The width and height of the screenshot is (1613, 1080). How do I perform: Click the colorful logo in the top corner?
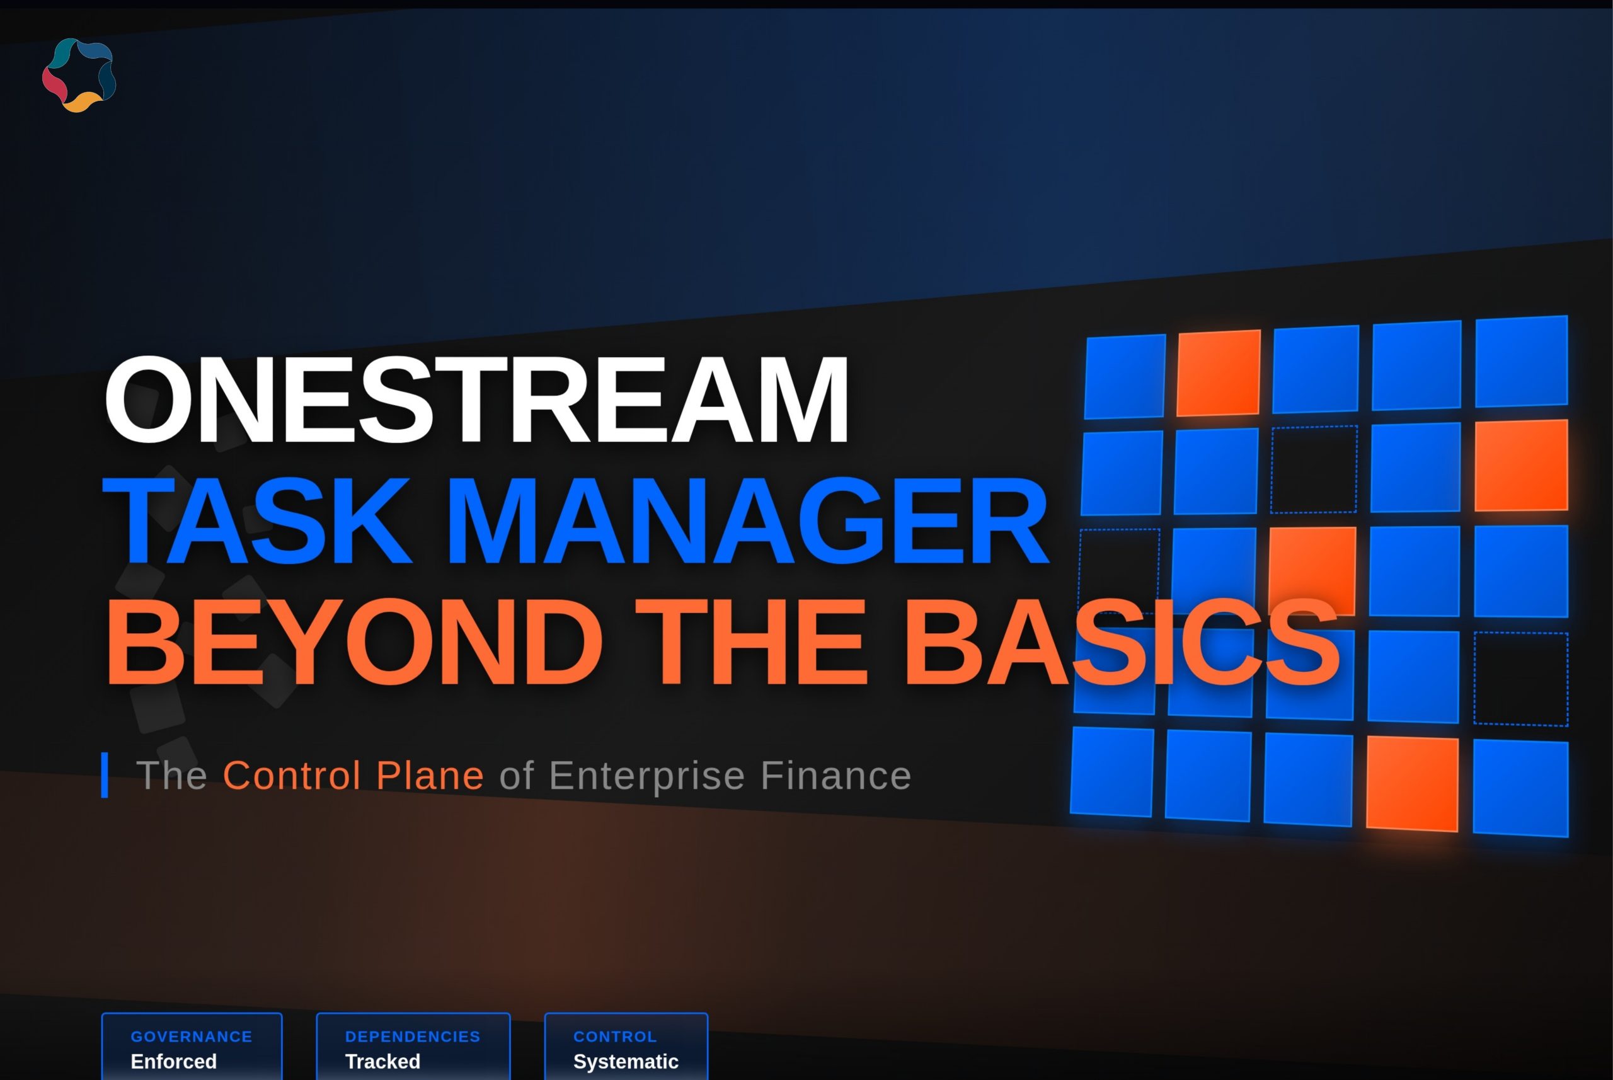[x=79, y=75]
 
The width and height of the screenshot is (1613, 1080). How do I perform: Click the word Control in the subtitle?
[x=292, y=776]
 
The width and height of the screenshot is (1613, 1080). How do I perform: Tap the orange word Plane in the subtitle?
[x=430, y=776]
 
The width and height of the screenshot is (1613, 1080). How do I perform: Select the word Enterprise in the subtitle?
[x=646, y=776]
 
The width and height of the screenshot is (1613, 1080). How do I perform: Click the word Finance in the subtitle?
[x=835, y=776]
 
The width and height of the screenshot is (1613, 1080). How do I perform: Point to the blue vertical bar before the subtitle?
[x=105, y=775]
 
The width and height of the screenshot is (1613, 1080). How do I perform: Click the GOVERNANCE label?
[x=192, y=1037]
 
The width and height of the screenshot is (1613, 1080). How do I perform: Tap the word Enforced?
[x=173, y=1061]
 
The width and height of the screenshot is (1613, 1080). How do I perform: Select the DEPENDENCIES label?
[x=413, y=1037]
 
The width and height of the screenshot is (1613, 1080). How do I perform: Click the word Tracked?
[x=382, y=1061]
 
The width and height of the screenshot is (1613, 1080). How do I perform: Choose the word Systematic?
[x=626, y=1061]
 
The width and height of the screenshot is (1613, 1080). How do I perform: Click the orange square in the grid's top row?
[x=1219, y=372]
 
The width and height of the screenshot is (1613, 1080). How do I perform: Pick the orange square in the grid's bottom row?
[x=1412, y=784]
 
